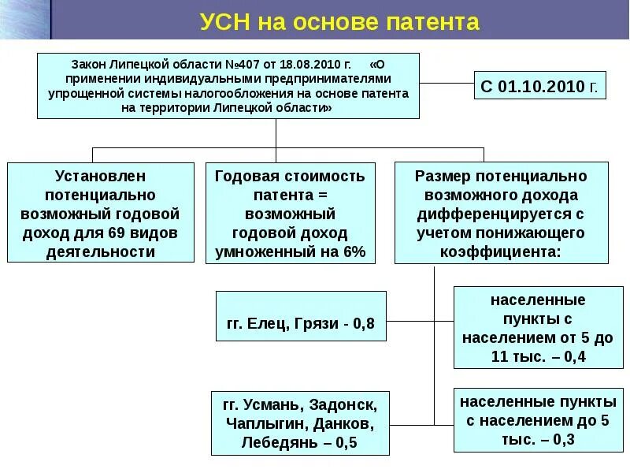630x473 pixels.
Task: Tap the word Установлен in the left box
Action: (101, 175)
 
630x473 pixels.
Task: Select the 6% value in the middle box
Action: (354, 252)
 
